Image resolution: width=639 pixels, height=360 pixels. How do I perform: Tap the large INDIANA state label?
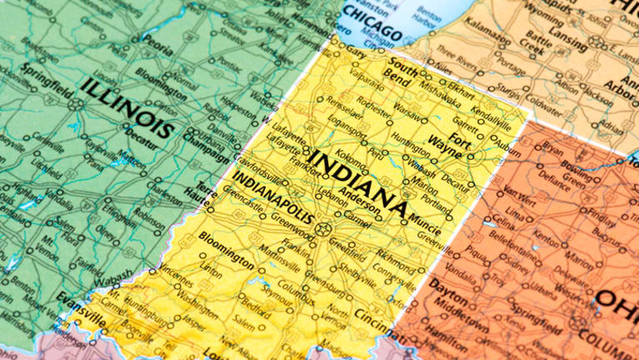tap(358, 178)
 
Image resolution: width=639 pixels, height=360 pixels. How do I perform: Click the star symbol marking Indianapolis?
tap(323, 229)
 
